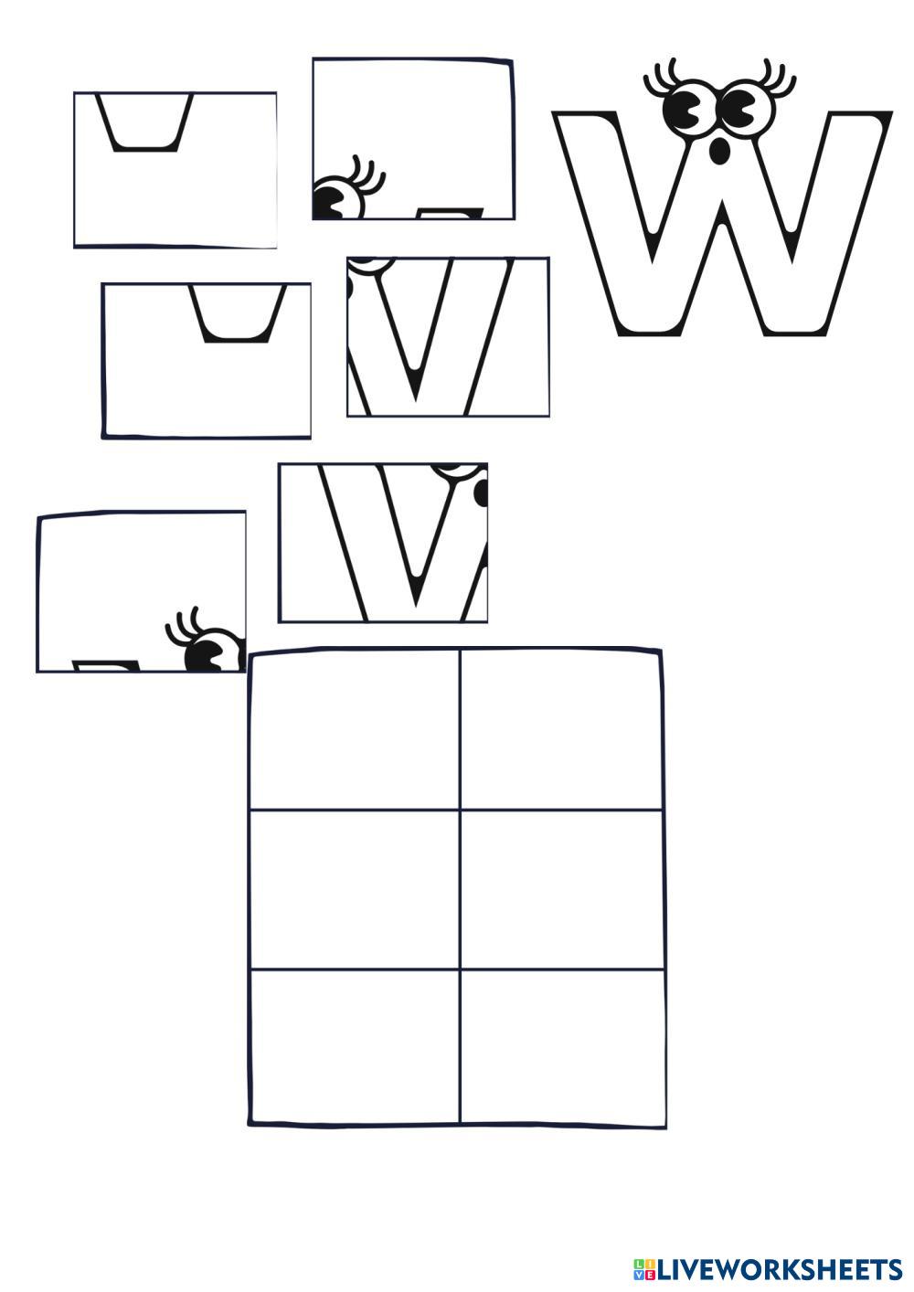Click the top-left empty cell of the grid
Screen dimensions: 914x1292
pos(355,729)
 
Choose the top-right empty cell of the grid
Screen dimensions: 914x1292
pos(560,729)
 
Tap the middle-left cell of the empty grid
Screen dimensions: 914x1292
pos(355,888)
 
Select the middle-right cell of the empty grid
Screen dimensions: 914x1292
pos(560,888)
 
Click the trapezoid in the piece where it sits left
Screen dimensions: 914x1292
pos(144,122)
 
